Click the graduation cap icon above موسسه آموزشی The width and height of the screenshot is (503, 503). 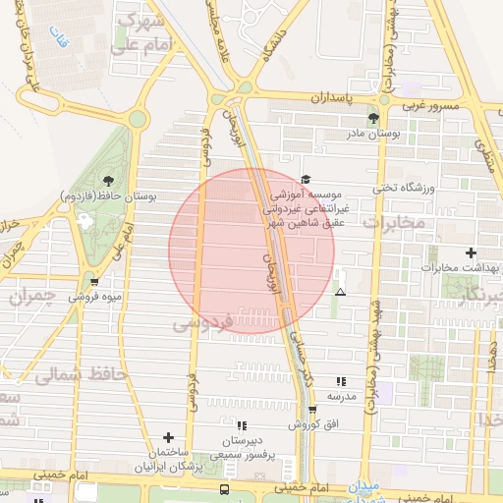[x=306, y=180]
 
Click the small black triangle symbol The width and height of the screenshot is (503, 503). [x=340, y=292]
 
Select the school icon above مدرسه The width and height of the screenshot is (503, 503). [x=341, y=381]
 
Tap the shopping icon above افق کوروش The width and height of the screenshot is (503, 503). [x=312, y=411]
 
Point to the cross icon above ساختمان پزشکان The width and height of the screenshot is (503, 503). [x=168, y=437]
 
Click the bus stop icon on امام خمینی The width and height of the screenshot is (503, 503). [x=225, y=488]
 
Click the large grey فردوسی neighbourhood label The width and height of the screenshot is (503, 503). [x=203, y=321]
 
